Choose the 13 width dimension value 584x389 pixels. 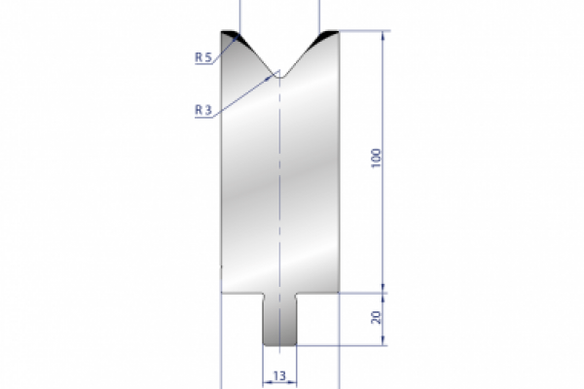pos(279,374)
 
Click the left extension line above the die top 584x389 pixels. pos(240,14)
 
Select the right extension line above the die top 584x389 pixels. pos(320,14)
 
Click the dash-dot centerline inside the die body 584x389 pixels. pos(279,194)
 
